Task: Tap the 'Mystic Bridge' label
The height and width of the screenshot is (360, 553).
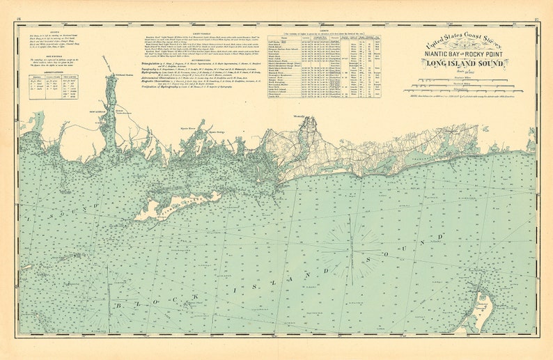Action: point(217,130)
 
